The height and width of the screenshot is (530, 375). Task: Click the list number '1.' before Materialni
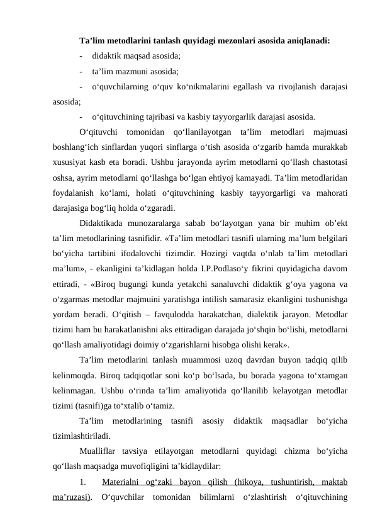(x=84, y=483)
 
